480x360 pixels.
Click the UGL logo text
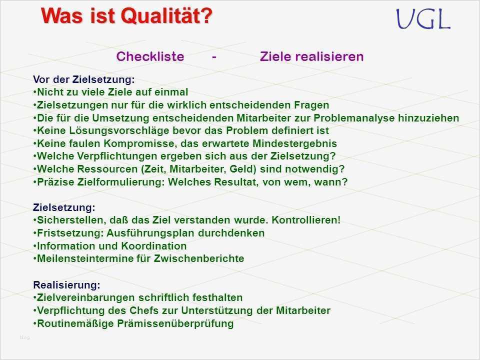click(x=423, y=19)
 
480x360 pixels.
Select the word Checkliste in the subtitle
click(x=150, y=57)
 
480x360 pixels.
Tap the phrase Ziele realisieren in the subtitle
click(x=311, y=57)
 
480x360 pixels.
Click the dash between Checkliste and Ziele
click(x=214, y=57)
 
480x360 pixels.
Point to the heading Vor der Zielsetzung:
click(x=83, y=79)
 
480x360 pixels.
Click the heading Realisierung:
click(x=66, y=285)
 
